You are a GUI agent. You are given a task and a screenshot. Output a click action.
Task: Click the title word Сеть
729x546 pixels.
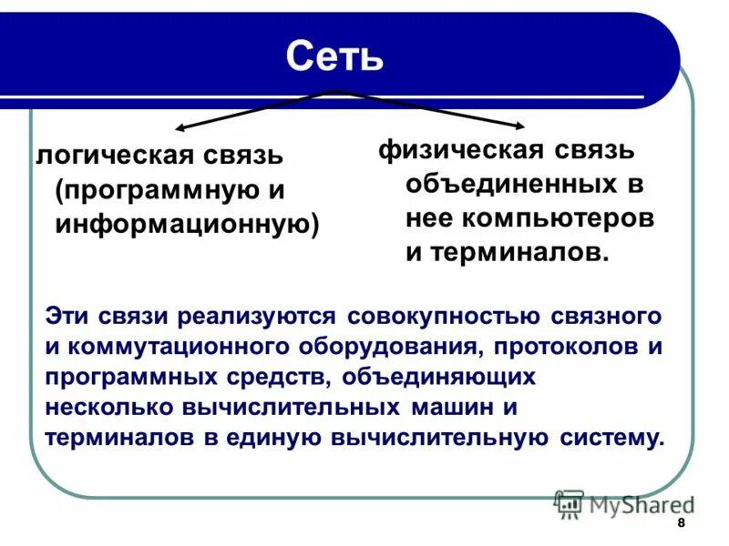(334, 56)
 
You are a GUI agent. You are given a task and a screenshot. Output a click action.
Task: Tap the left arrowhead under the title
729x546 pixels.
(180, 129)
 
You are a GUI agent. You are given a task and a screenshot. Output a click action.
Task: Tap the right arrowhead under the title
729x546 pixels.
(519, 128)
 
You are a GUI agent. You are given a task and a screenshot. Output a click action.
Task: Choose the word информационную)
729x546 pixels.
(187, 224)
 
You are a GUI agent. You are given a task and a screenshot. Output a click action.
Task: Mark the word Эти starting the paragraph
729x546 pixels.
(67, 317)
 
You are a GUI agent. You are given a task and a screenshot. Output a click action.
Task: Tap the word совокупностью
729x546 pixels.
(445, 317)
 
